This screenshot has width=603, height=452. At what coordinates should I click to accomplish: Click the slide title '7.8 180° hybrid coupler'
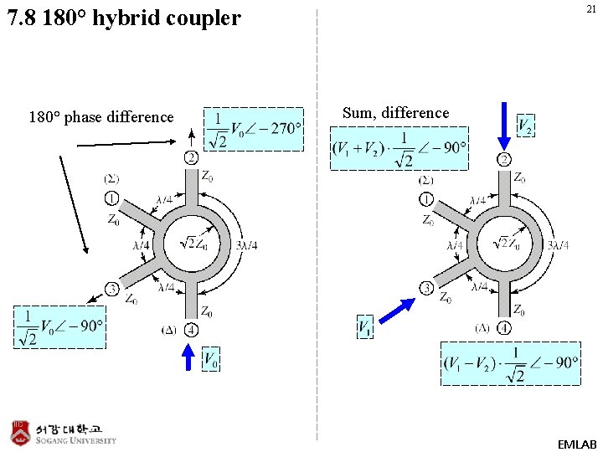click(x=124, y=18)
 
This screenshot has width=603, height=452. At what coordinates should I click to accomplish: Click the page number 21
click(x=590, y=9)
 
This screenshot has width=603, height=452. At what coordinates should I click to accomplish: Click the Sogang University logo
click(x=64, y=432)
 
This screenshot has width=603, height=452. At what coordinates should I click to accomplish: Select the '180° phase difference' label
click(x=101, y=117)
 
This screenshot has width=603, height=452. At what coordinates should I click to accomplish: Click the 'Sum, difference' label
click(x=395, y=113)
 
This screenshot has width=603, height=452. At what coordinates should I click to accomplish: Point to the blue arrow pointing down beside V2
click(x=504, y=125)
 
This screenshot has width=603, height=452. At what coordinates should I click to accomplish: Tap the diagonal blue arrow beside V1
click(x=396, y=311)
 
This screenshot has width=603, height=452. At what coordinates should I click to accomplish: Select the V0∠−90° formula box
click(x=59, y=326)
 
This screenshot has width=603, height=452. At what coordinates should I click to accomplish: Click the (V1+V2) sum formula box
click(x=399, y=148)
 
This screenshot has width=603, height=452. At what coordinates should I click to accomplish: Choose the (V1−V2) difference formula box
click(x=510, y=362)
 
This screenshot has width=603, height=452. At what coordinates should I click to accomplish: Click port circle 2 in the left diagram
click(x=191, y=157)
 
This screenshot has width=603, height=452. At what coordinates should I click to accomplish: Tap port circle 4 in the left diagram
click(x=191, y=330)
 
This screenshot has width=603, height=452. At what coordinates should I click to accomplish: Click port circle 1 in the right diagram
click(x=427, y=199)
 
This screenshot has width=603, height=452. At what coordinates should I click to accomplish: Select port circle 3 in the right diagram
click(x=427, y=288)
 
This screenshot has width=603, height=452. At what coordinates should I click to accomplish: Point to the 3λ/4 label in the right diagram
click(x=557, y=245)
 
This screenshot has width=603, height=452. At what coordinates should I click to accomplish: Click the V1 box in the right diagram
click(x=365, y=327)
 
